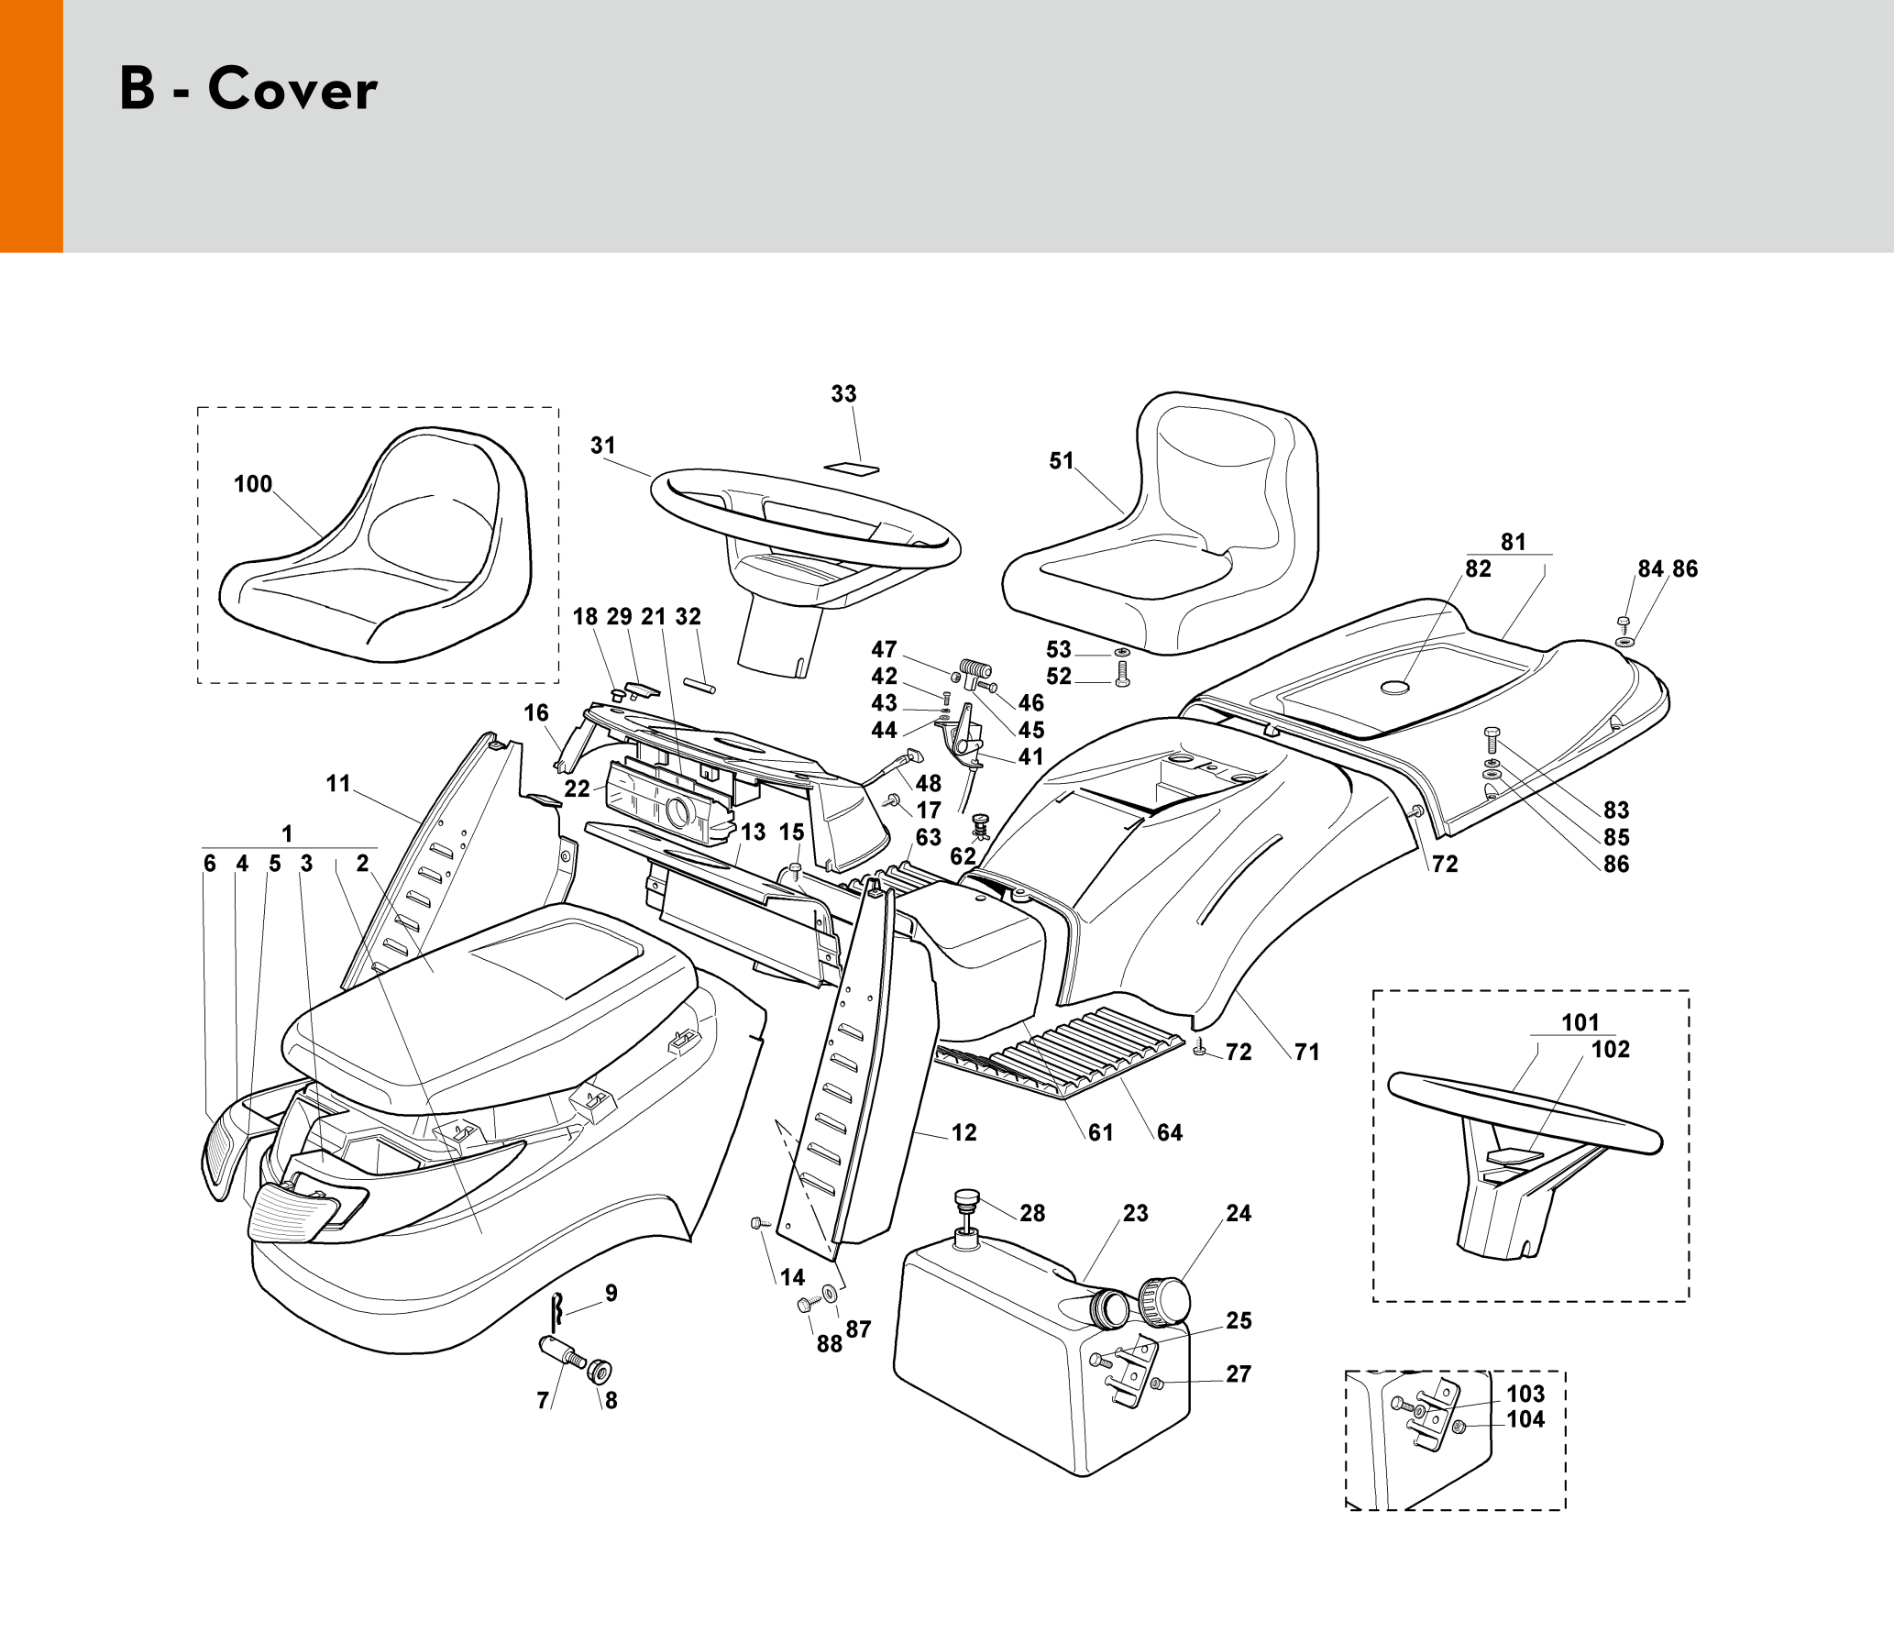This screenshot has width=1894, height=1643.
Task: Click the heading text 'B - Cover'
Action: tap(248, 89)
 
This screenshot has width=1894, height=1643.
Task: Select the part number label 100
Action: tap(253, 484)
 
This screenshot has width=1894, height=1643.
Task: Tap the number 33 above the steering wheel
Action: tap(843, 394)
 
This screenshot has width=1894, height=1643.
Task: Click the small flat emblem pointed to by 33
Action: tap(852, 469)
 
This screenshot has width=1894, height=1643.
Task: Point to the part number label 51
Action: tap(1061, 461)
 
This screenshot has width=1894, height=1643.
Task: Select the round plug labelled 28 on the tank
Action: tap(967, 1199)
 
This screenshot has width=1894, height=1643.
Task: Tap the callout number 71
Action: tap(1306, 1053)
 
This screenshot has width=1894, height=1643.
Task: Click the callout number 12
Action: tap(964, 1133)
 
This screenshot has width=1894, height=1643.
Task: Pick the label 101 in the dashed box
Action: tap(1580, 1022)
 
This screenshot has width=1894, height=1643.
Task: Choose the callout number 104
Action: tap(1525, 1420)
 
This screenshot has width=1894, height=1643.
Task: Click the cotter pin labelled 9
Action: tap(556, 1312)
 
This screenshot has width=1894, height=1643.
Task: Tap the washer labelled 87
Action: tap(830, 1294)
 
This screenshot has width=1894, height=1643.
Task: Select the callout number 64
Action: tap(1169, 1133)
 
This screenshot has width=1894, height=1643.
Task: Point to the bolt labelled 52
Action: tap(1123, 676)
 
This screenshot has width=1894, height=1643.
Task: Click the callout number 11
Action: tap(338, 784)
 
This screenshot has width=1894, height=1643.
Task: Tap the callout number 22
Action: tap(577, 789)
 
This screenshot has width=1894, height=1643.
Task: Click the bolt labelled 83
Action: tap(1492, 739)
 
